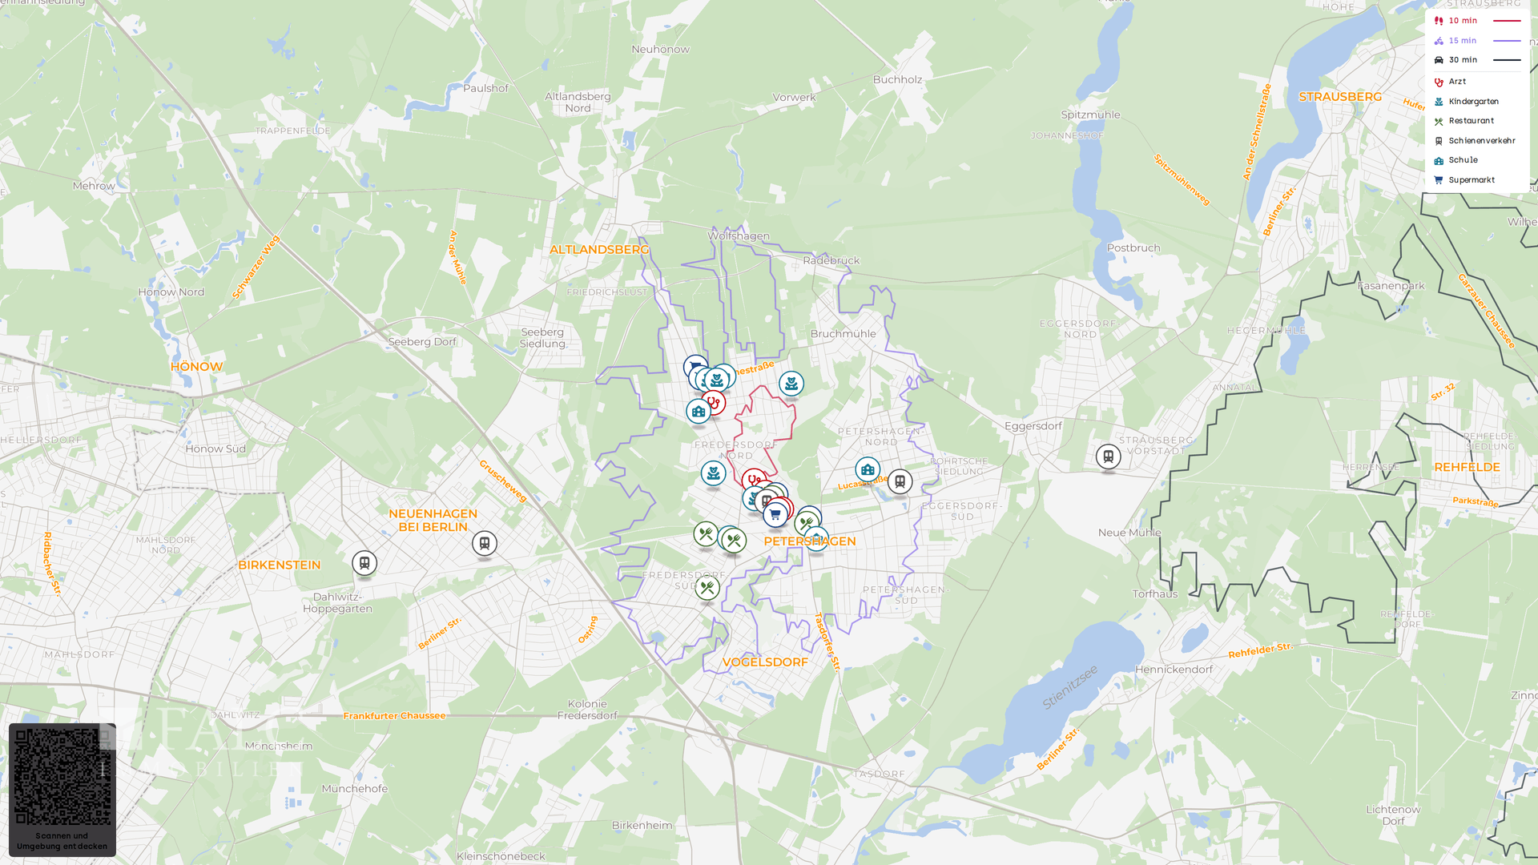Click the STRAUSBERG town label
[x=1340, y=97]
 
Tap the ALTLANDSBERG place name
[x=599, y=250]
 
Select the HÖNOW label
[x=196, y=367]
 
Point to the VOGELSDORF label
[x=765, y=662]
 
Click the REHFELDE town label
[x=1467, y=468]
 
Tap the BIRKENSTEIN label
[x=279, y=565]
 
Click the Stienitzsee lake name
[x=1070, y=687]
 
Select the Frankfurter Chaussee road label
[x=394, y=716]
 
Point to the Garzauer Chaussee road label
[x=1486, y=311]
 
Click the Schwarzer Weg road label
[x=256, y=267]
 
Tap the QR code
[x=62, y=776]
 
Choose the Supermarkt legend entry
[x=1472, y=180]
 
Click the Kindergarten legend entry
[x=1473, y=102]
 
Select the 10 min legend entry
[x=1463, y=21]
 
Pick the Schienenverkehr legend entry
[x=1481, y=141]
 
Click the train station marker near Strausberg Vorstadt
[x=1109, y=457]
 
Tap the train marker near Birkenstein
[x=364, y=563]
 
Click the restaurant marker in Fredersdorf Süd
[x=707, y=589]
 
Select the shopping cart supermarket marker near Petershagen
[x=775, y=515]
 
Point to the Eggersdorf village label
[x=1033, y=426]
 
